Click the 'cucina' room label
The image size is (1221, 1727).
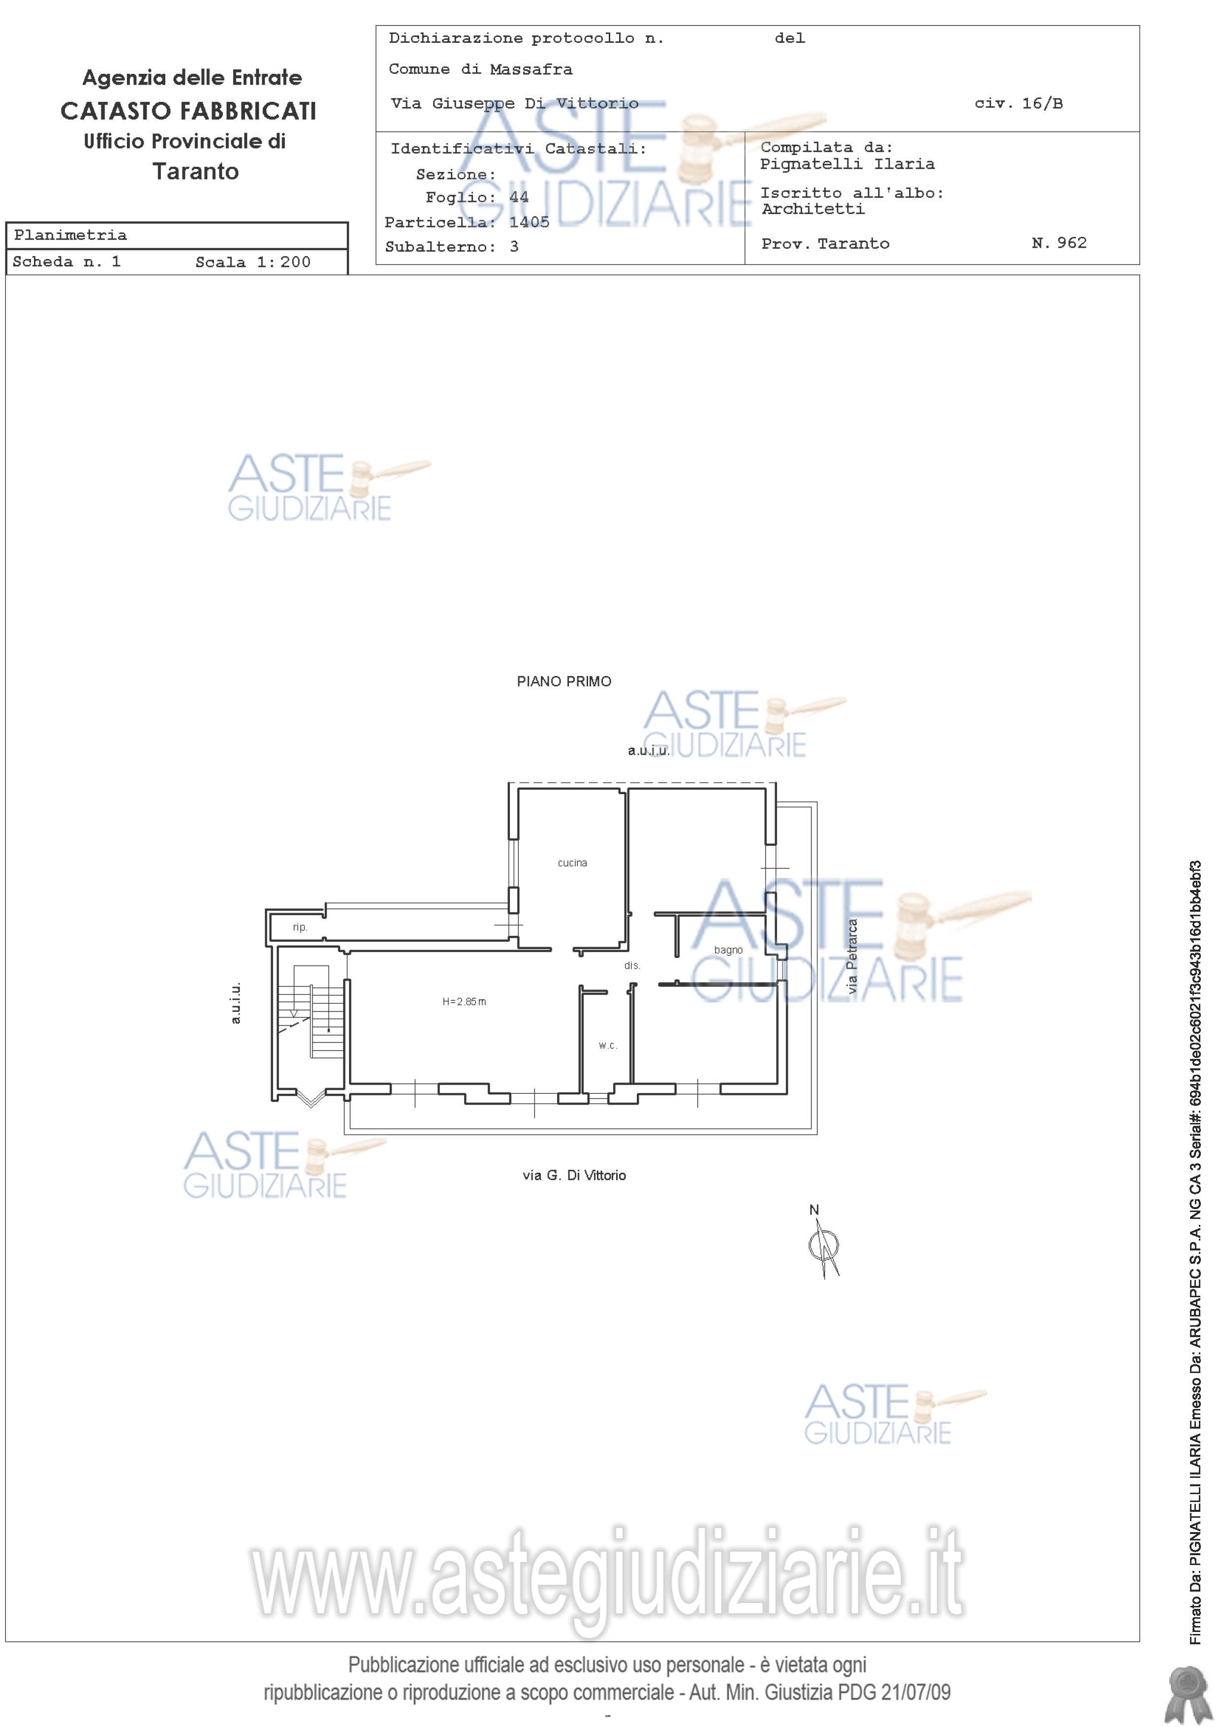pos(572,863)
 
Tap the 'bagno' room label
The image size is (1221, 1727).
pos(728,951)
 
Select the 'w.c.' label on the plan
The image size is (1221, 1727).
pos(607,1046)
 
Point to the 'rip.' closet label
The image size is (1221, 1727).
pos(300,927)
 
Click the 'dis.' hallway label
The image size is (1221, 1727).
pos(631,965)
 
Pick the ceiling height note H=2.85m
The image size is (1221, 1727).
pos(464,1002)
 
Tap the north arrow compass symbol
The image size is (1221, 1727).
pos(824,1247)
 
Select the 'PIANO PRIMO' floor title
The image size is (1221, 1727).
pos(564,681)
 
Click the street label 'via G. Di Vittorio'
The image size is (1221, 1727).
pos(574,1175)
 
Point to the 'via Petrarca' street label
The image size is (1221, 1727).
pos(852,956)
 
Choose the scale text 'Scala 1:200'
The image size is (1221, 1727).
pos(252,262)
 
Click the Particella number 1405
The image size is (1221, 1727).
pos(530,222)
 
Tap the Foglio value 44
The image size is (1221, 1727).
pos(519,197)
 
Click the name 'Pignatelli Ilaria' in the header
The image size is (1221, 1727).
pos(847,164)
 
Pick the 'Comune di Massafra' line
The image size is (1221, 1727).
pos(480,69)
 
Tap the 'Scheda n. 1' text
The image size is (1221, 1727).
pos(67,262)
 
